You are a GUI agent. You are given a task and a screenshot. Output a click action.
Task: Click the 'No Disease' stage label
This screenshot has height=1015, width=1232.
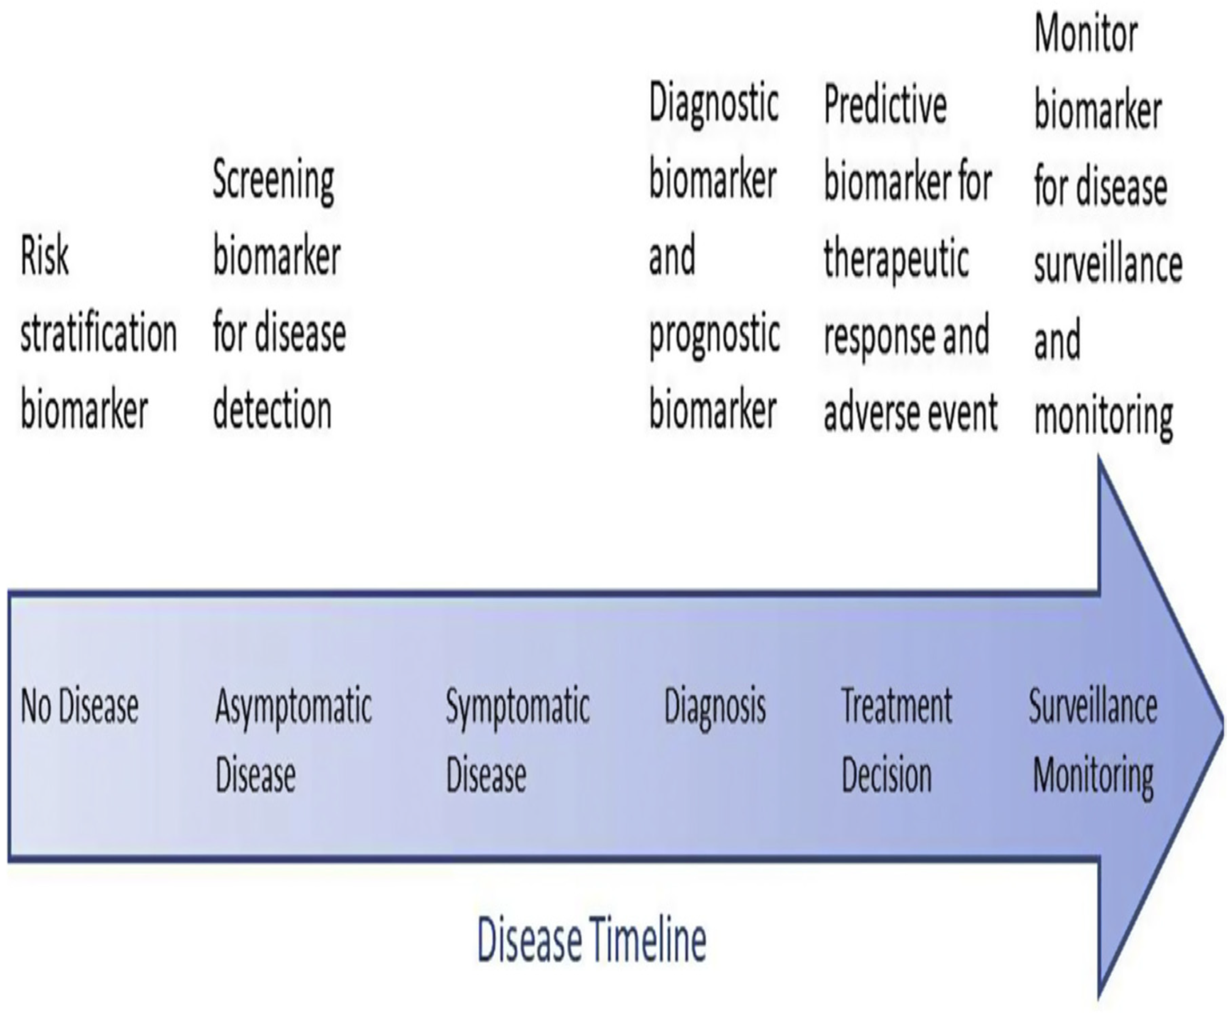(80, 706)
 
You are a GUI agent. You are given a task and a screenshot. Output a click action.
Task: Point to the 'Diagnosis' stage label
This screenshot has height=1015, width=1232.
(714, 706)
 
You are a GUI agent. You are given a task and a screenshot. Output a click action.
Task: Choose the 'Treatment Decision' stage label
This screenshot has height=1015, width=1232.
(896, 740)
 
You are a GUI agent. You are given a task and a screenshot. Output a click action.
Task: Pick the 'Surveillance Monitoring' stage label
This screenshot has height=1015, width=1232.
(1093, 740)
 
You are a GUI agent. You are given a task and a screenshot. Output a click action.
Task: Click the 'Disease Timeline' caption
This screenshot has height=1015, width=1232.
(592, 940)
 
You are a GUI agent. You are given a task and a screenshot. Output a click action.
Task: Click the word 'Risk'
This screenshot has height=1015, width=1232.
(44, 255)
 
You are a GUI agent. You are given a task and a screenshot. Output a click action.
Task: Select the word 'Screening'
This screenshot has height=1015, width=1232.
(273, 180)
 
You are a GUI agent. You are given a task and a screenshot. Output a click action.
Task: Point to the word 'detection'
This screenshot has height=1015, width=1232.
(272, 411)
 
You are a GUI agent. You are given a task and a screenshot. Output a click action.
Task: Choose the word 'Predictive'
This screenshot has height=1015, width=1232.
(885, 105)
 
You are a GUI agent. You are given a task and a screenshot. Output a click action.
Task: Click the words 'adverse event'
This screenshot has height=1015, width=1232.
(910, 413)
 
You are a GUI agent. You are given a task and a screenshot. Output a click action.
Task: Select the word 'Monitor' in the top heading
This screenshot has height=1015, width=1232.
(1086, 33)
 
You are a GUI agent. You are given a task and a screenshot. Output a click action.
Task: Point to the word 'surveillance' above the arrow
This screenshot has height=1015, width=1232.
(1108, 264)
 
